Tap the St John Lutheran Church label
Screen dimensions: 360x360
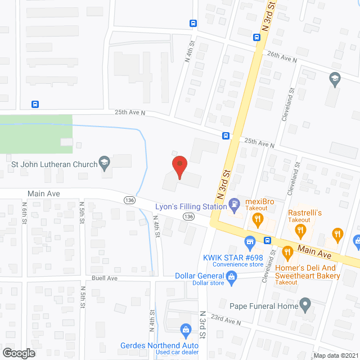point(54,165)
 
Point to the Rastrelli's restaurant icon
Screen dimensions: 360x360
point(301,229)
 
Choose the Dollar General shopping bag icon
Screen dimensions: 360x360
point(231,277)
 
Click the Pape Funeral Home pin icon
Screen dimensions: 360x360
point(305,306)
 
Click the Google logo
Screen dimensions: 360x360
point(18,353)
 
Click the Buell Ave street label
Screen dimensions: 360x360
point(105,278)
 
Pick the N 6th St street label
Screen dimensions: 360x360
point(24,214)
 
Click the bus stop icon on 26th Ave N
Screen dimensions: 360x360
point(256,38)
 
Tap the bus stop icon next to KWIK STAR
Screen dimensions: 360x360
point(268,241)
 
